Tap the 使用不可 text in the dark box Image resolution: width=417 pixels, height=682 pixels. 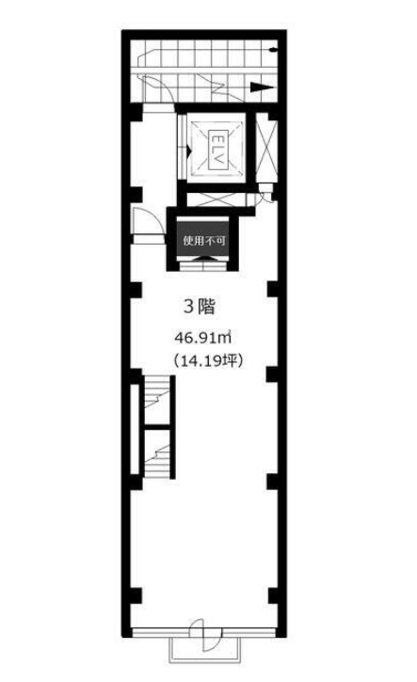point(203,240)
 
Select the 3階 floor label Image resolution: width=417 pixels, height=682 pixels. point(200,307)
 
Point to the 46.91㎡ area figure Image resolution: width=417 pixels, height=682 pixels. point(202,337)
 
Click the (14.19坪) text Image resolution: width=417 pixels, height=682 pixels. point(207,360)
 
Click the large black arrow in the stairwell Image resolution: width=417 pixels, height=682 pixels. point(262,87)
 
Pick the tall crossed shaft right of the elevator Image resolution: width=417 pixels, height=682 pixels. point(266,148)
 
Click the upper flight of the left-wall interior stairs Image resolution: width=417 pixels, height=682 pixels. point(156,399)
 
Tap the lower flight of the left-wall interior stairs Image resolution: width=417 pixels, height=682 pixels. point(156,453)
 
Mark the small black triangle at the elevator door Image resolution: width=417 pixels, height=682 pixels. point(189,151)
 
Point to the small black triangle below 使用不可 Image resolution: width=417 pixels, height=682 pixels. point(203,259)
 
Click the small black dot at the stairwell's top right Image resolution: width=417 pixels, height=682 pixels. point(273,50)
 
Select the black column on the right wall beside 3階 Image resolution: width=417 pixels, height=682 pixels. point(273,289)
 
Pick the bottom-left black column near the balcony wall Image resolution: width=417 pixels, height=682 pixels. point(136,595)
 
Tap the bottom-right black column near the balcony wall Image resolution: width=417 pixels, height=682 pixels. point(273,595)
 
